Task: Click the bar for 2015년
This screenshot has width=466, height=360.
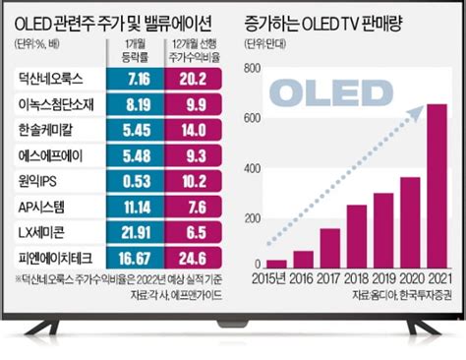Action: [277, 261]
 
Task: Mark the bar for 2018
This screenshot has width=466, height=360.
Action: [356, 235]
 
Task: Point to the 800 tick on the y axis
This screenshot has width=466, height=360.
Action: [254, 68]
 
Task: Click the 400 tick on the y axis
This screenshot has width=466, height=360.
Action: [254, 166]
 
